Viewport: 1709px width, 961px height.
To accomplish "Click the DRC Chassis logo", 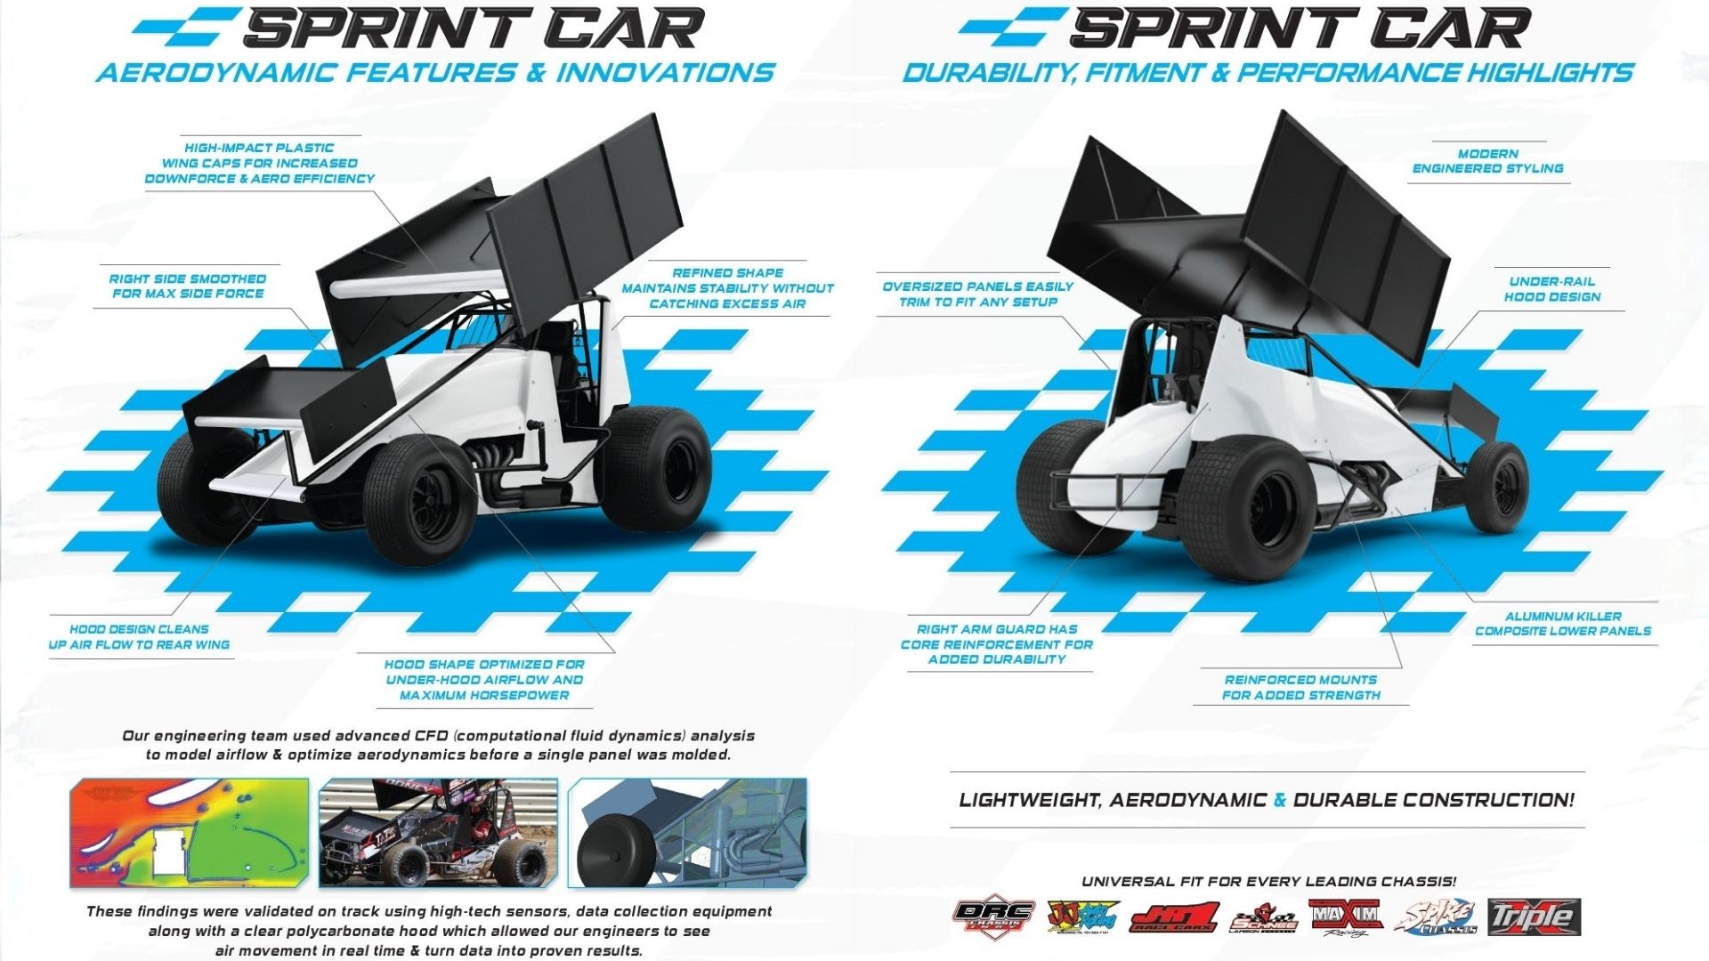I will (x=993, y=917).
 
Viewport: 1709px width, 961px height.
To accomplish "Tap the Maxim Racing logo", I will (x=1345, y=917).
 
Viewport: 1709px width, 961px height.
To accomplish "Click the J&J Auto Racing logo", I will (x=1078, y=917).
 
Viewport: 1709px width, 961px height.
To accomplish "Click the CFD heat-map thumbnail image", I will (x=190, y=833).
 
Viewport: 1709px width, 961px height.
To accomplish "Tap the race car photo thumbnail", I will (x=438, y=833).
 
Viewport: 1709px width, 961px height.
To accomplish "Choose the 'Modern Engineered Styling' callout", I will (x=1487, y=161).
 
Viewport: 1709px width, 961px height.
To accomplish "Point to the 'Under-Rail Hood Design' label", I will (x=1551, y=289).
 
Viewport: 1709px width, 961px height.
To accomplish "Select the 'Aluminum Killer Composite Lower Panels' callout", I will (x=1562, y=624).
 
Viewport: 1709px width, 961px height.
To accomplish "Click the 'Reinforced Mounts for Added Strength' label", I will (x=1300, y=687).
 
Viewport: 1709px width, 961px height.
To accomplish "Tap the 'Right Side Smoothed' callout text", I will (x=188, y=286).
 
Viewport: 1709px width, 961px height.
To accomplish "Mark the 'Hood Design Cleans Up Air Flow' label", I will (x=139, y=636).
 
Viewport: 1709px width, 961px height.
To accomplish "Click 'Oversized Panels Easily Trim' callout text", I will (x=977, y=295).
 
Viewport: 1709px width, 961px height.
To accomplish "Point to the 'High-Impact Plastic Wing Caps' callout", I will (x=259, y=163).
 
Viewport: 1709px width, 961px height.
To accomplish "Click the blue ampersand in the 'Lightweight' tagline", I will (x=1280, y=800).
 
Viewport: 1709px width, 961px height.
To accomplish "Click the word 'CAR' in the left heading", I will (x=624, y=28).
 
